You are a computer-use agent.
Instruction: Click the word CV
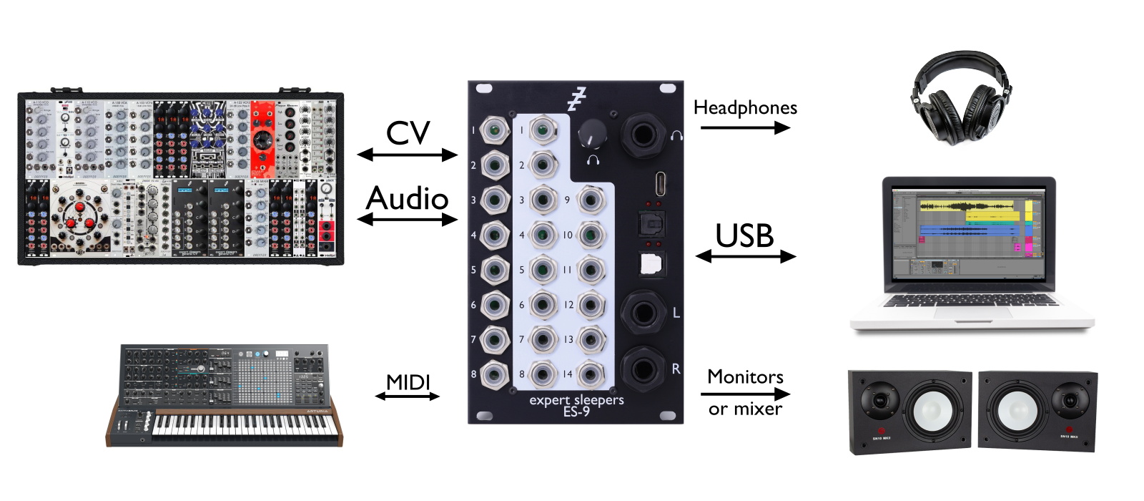point(408,133)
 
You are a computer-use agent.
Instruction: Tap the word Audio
point(407,198)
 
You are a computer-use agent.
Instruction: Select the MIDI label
point(408,382)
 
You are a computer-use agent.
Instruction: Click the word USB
point(744,236)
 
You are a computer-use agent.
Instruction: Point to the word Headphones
point(745,108)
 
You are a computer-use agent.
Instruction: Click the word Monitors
point(745,377)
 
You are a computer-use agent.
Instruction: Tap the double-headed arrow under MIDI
point(408,396)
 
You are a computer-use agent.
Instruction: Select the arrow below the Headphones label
point(745,127)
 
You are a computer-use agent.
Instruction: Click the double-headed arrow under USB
point(745,256)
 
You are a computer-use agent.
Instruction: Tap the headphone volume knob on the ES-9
point(592,134)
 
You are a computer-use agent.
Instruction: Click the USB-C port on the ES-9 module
point(661,184)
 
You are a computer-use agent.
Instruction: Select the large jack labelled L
point(642,313)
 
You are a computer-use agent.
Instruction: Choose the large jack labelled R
point(642,369)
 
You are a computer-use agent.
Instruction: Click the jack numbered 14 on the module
point(591,374)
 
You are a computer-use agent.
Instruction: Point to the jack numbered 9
point(591,200)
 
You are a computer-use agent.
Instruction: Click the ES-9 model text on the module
point(576,412)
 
